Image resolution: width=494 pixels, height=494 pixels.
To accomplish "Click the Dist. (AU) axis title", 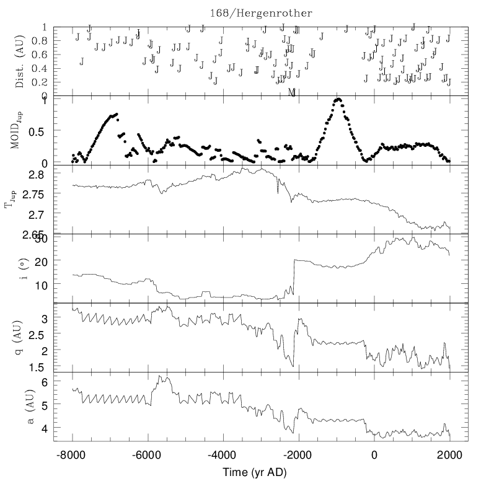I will point(20,61).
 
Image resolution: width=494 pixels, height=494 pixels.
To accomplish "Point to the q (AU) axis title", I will point(20,338).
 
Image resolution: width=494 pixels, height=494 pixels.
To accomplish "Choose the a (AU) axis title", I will point(20,407).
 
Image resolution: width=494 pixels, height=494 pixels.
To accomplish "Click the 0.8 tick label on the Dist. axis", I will point(40,40).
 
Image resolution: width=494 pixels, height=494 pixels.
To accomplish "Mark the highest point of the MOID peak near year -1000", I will point(338,99).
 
